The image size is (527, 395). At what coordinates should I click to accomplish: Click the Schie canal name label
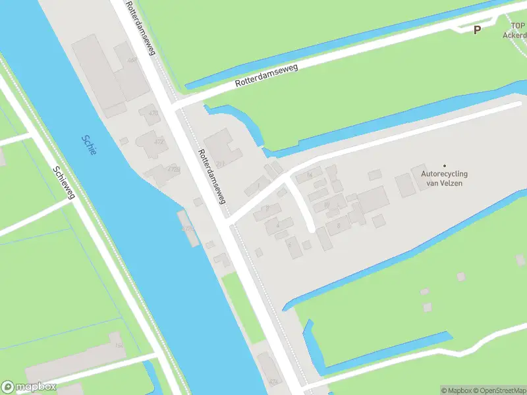point(89,145)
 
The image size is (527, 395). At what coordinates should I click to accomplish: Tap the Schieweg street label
point(65,183)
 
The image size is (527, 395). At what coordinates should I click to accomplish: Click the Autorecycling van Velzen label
point(445,178)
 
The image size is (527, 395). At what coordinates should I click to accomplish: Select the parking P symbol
point(477,29)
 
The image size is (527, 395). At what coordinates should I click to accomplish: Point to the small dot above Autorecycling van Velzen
point(445,166)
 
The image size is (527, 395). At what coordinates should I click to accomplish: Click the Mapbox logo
point(29,387)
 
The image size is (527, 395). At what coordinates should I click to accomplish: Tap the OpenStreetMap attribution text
point(499,390)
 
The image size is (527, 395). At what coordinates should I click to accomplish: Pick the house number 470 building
point(153,113)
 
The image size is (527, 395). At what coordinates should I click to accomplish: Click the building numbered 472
point(159,142)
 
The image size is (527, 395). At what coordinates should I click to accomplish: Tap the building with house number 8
point(339,225)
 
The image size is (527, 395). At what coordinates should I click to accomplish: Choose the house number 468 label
point(133,61)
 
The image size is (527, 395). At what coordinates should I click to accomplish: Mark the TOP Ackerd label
point(514,30)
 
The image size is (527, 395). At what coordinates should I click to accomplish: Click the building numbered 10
point(325,205)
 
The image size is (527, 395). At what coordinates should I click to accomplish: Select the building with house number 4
point(277,226)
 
